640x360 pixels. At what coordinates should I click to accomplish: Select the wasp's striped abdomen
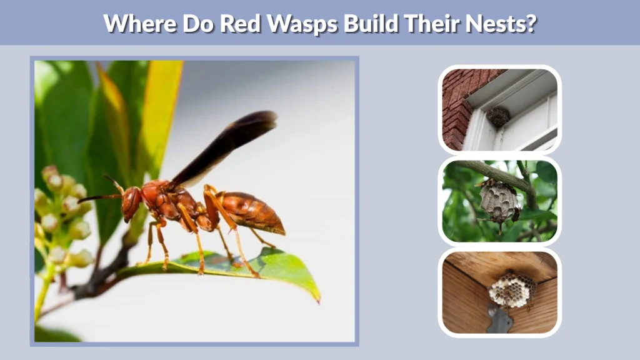(253, 212)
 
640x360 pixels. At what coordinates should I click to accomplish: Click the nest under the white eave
(498, 116)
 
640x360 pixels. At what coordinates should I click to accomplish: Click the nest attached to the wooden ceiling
(511, 289)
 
